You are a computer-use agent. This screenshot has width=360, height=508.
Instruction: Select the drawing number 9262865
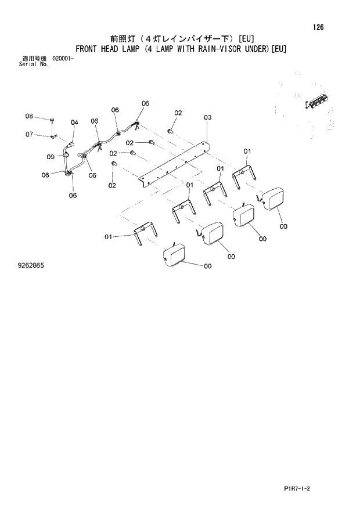click(x=31, y=265)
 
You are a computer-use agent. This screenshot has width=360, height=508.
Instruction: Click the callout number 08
click(x=29, y=117)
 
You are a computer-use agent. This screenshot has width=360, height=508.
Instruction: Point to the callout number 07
click(x=29, y=135)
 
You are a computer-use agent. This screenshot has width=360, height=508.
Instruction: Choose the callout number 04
click(x=74, y=123)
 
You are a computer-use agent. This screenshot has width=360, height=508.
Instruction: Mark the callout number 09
click(x=51, y=156)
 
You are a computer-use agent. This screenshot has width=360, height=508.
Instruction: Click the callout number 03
click(x=208, y=118)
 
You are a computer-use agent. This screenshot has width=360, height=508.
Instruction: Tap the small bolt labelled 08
click(x=52, y=120)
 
